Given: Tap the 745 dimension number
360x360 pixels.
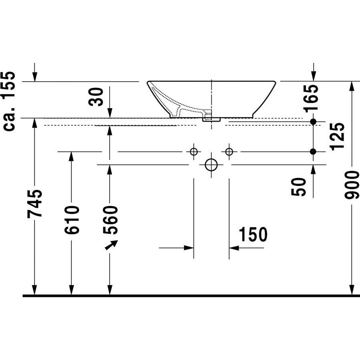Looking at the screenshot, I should click(x=34, y=203).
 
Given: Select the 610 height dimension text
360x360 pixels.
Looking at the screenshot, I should click(x=72, y=220).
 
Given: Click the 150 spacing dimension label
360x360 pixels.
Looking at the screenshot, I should click(x=253, y=235).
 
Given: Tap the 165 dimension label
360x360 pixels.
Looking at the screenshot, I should click(x=312, y=98).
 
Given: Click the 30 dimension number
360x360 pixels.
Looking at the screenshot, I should click(x=97, y=97).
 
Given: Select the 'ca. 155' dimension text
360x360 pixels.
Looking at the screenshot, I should click(x=9, y=101).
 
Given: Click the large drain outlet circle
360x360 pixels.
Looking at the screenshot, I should click(x=211, y=165).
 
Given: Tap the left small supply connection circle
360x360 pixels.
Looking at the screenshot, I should click(x=194, y=152).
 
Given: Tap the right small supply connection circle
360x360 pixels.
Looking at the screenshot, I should click(x=229, y=152).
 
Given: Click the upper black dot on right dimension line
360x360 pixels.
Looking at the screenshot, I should click(x=313, y=121).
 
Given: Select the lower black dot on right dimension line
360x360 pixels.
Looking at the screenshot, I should click(x=313, y=151).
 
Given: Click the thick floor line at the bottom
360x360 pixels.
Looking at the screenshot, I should click(x=191, y=296).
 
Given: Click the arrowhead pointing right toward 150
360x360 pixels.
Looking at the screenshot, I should click(x=190, y=248).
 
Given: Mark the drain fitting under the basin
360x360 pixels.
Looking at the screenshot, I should click(x=211, y=119).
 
